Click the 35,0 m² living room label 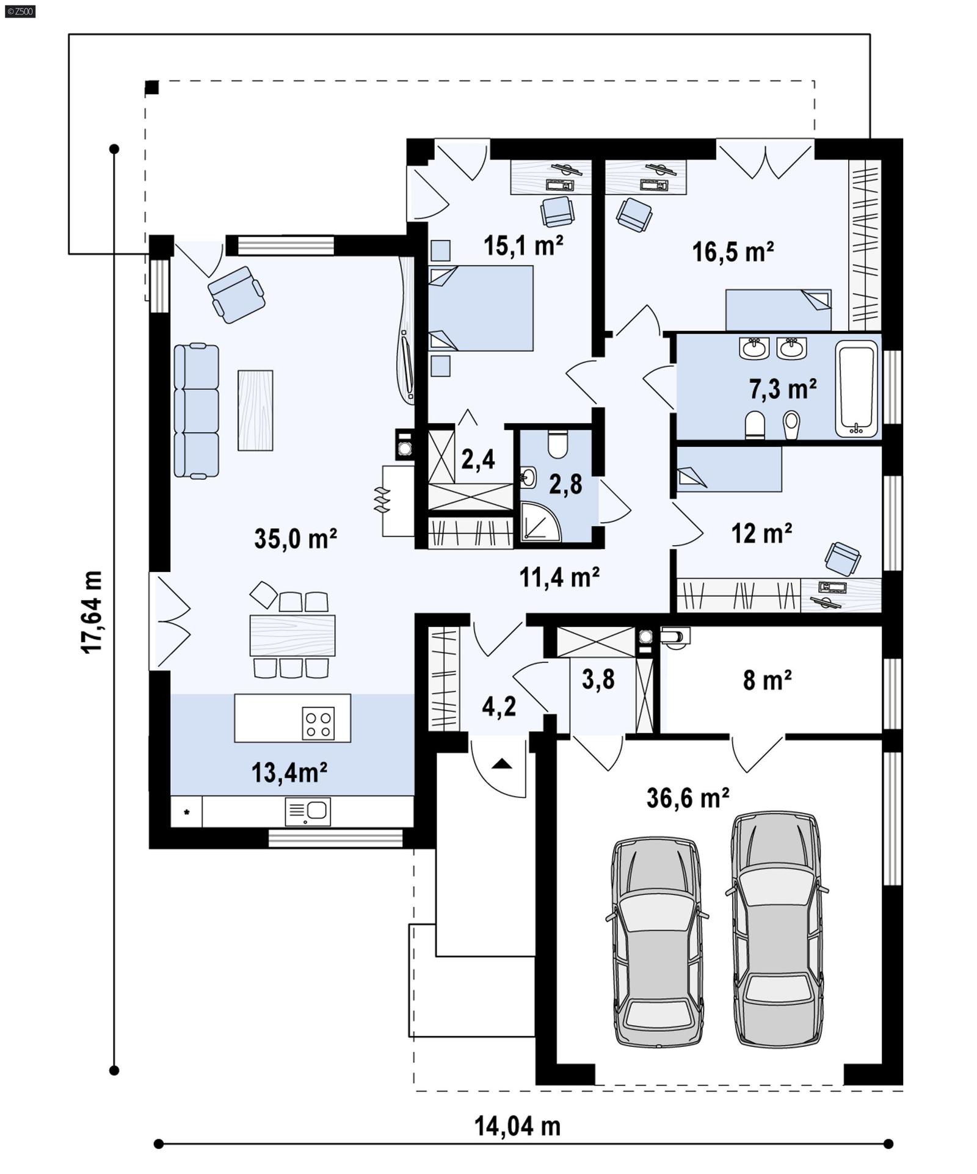click(295, 538)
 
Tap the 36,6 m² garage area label click(688, 797)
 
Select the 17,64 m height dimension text click(92, 612)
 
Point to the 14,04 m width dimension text click(517, 1126)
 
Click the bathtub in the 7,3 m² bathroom click(857, 388)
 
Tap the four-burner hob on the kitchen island click(318, 723)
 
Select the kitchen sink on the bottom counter click(308, 811)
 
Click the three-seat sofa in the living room click(196, 411)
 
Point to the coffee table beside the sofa click(255, 410)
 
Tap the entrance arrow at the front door click(502, 763)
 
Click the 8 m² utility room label click(767, 679)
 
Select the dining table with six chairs click(292, 636)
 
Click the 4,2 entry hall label click(498, 706)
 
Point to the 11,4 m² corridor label click(559, 576)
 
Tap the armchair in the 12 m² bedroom click(842, 558)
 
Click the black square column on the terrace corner click(152, 87)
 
